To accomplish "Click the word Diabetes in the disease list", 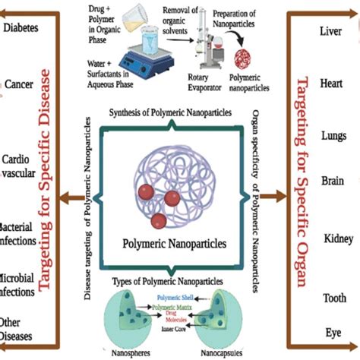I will click(23, 28).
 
